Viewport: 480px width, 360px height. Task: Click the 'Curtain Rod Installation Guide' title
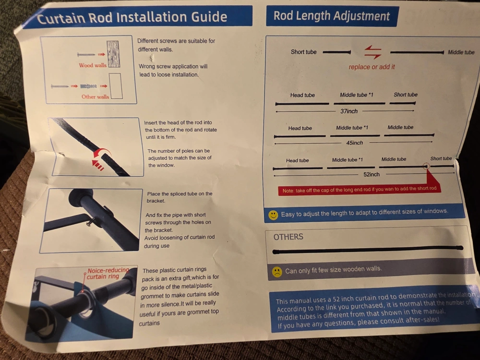[132, 17]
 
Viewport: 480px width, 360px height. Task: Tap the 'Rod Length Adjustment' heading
[332, 16]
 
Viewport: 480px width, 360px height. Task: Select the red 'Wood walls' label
[93, 65]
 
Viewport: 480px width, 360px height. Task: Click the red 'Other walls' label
[95, 97]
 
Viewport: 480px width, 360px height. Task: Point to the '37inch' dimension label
[349, 111]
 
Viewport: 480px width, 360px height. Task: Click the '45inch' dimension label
[355, 143]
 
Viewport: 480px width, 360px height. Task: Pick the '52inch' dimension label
[372, 174]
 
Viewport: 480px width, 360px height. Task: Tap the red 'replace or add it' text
[372, 67]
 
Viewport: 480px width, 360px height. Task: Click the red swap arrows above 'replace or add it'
[373, 52]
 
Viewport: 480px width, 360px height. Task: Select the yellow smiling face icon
[273, 215]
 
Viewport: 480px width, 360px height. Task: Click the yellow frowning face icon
[277, 272]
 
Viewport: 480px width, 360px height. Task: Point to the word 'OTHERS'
[288, 237]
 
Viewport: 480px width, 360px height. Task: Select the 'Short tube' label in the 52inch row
[441, 158]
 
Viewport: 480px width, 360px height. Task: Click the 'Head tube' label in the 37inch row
[302, 95]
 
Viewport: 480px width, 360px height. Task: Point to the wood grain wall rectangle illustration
[113, 54]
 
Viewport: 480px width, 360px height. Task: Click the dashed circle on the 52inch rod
[426, 166]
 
